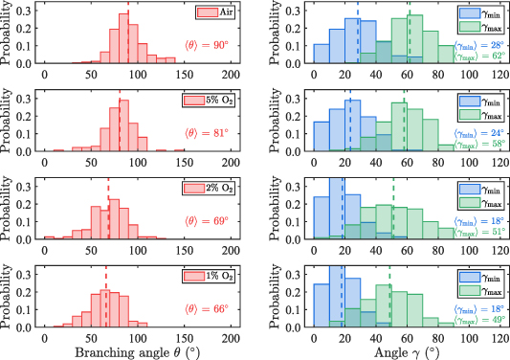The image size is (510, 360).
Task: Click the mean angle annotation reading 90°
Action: (x=206, y=45)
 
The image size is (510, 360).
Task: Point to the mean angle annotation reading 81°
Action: (x=206, y=132)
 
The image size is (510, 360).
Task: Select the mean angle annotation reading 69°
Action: (x=206, y=220)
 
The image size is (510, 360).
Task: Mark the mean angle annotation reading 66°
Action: (x=206, y=307)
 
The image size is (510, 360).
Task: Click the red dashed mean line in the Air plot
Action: (x=128, y=38)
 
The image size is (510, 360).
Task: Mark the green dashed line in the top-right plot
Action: (x=410, y=38)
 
